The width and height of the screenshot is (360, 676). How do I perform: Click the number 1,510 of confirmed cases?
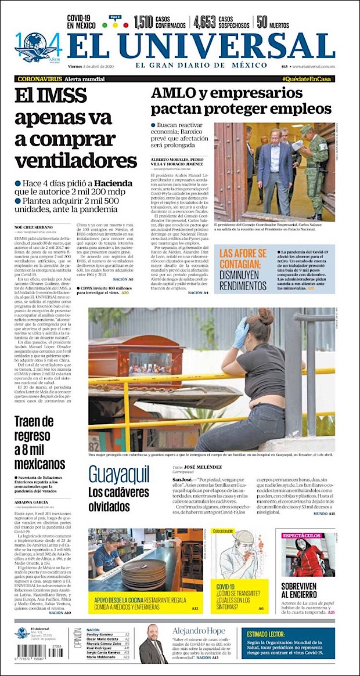click(143, 22)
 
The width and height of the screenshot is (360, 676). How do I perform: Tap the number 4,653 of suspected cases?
click(205, 22)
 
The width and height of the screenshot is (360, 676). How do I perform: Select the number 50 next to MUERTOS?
click(262, 22)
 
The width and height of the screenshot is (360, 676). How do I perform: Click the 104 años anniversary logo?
click(38, 48)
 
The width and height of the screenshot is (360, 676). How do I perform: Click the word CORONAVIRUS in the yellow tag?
click(39, 78)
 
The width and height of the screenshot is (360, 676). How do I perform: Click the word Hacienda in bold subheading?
click(112, 183)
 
